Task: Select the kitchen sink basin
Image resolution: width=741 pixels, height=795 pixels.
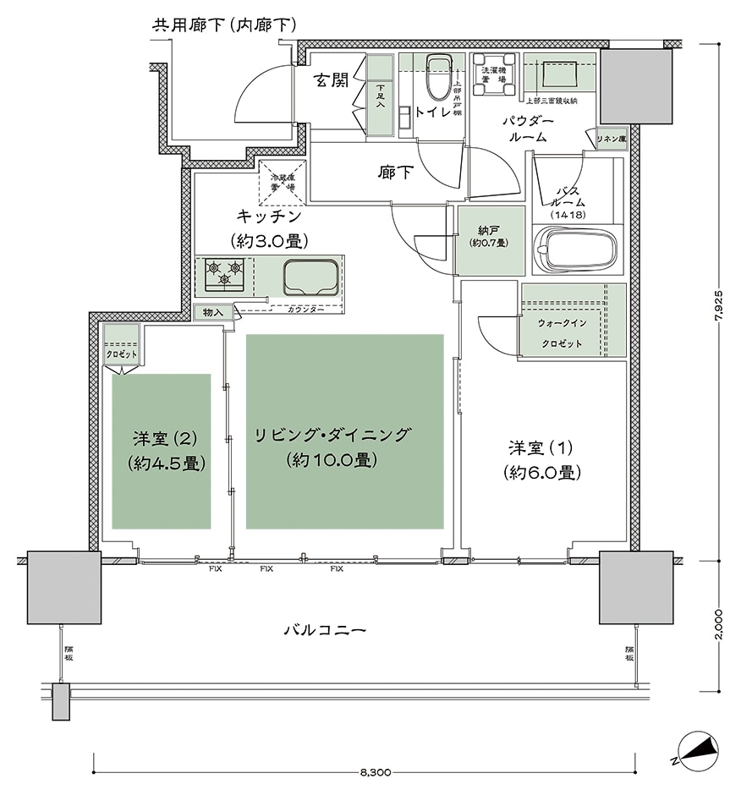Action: coord(311,276)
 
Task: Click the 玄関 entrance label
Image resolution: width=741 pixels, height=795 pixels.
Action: coord(330,81)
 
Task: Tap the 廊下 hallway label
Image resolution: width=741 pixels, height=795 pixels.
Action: coord(395,173)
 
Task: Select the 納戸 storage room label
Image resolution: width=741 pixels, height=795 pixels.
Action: coord(488,235)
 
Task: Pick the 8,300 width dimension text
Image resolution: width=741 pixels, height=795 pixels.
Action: coord(374,773)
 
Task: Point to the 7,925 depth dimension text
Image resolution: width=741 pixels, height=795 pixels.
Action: coord(720,300)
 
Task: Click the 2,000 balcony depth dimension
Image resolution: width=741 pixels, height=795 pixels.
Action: coord(720,623)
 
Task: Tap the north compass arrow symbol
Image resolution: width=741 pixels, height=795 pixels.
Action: coord(697,749)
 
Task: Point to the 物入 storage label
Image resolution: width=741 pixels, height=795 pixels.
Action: coord(212,313)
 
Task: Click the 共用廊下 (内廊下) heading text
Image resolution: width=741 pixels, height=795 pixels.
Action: coord(223,25)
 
